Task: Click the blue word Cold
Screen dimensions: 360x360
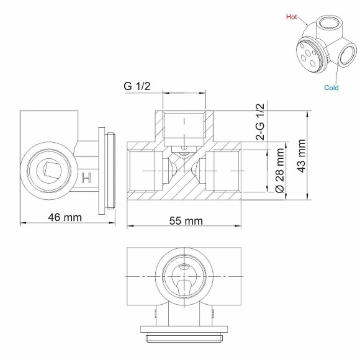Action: [331, 88]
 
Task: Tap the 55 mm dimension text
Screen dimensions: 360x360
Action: [186, 221]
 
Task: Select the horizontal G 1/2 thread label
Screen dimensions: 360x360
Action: [137, 87]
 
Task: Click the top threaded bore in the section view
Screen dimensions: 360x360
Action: [184, 125]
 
